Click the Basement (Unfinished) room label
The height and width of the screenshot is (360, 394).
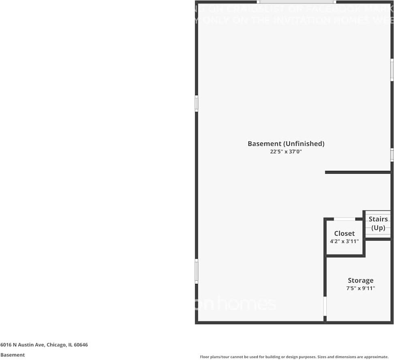pyautogui.click(x=286, y=144)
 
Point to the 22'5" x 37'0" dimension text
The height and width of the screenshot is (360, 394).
pyautogui.click(x=286, y=152)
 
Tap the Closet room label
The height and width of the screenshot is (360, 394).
pyautogui.click(x=344, y=234)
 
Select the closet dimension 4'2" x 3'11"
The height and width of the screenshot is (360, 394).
pyautogui.click(x=344, y=241)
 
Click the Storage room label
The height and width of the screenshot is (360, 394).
pyautogui.click(x=360, y=280)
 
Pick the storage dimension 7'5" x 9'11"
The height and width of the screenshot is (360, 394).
pyautogui.click(x=361, y=288)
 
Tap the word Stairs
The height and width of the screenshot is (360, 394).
pyautogui.click(x=378, y=219)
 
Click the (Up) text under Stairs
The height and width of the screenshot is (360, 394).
pyautogui.click(x=378, y=228)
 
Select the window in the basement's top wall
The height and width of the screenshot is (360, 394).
pyautogui.click(x=304, y=2)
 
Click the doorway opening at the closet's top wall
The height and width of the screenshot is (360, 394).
pyautogui.click(x=345, y=219)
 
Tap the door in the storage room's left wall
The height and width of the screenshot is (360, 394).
pyautogui.click(x=325, y=307)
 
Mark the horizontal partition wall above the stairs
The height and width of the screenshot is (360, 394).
pyautogui.click(x=358, y=173)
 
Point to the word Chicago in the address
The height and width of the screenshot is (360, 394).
pyautogui.click(x=56, y=345)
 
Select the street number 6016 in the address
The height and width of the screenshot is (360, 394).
pyautogui.click(x=6, y=345)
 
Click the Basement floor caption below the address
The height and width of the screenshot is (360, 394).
pyautogui.click(x=12, y=355)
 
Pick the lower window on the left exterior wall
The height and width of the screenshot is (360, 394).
pyautogui.click(x=197, y=271)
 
